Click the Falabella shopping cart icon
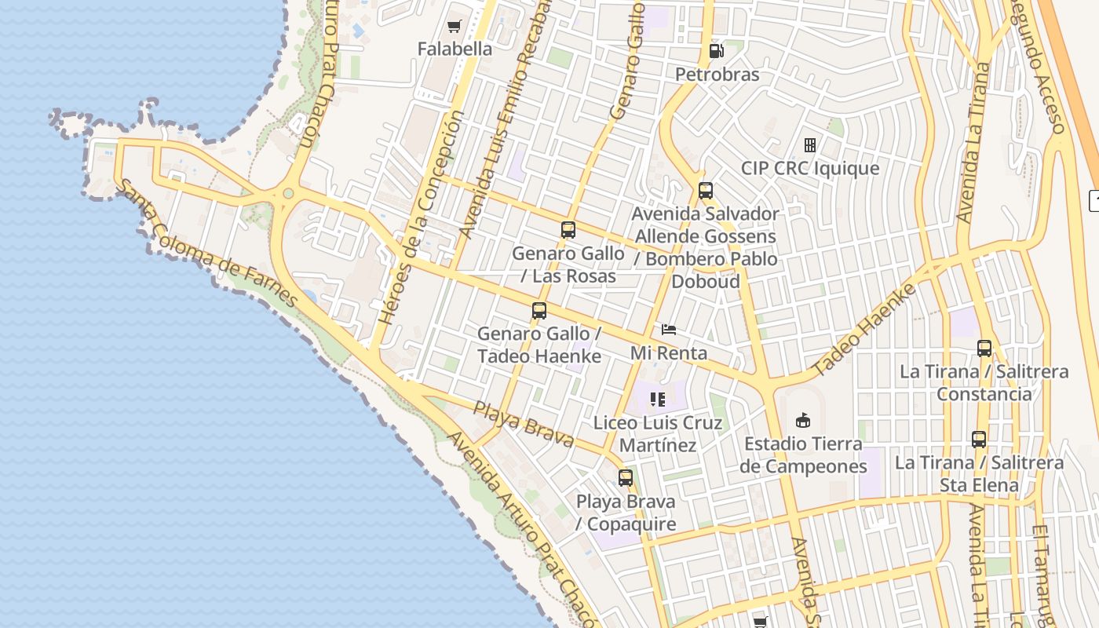(x=454, y=27)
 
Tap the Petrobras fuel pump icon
(x=716, y=52)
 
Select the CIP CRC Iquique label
(x=810, y=169)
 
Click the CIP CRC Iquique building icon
(x=810, y=145)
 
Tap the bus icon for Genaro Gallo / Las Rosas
(x=568, y=230)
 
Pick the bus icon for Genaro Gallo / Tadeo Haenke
(x=539, y=311)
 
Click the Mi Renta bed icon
(x=669, y=330)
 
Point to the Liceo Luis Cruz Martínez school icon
(x=658, y=400)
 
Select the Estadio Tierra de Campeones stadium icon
(x=803, y=421)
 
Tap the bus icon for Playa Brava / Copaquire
(x=626, y=477)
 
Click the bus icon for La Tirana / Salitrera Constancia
(x=984, y=349)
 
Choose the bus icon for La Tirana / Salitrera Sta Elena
(x=979, y=440)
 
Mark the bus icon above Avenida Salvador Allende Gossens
(x=706, y=191)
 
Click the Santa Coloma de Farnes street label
(x=208, y=244)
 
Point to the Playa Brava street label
(x=524, y=424)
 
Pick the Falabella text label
(x=455, y=49)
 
